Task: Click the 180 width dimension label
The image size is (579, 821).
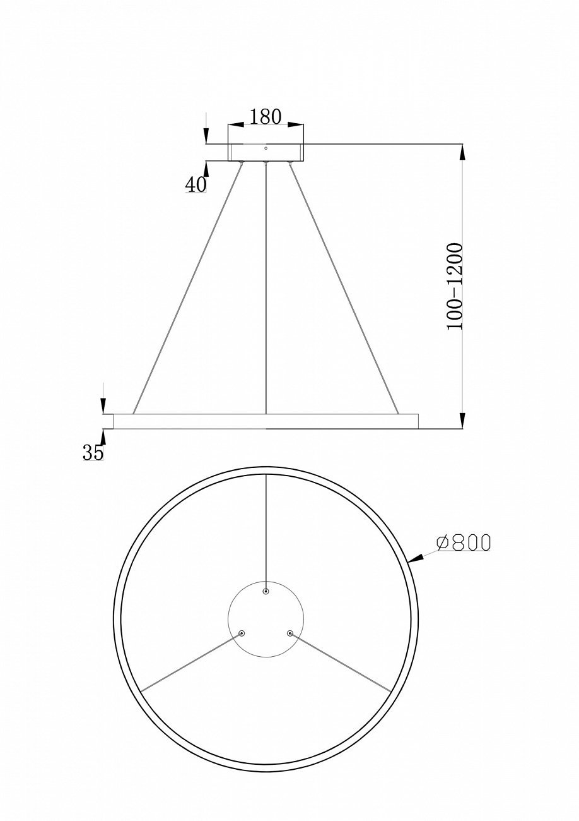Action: point(266,117)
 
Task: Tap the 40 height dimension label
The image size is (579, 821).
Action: point(196,184)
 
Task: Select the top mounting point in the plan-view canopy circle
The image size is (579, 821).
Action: point(266,591)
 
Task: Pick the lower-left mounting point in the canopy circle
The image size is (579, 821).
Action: point(242,633)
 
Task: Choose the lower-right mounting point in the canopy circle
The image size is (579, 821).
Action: point(290,633)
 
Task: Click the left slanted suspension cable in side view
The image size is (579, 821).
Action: point(187,287)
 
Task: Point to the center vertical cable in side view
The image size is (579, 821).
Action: point(266,287)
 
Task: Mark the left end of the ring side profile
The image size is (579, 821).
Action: point(108,421)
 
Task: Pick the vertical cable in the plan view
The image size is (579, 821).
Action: point(266,530)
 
